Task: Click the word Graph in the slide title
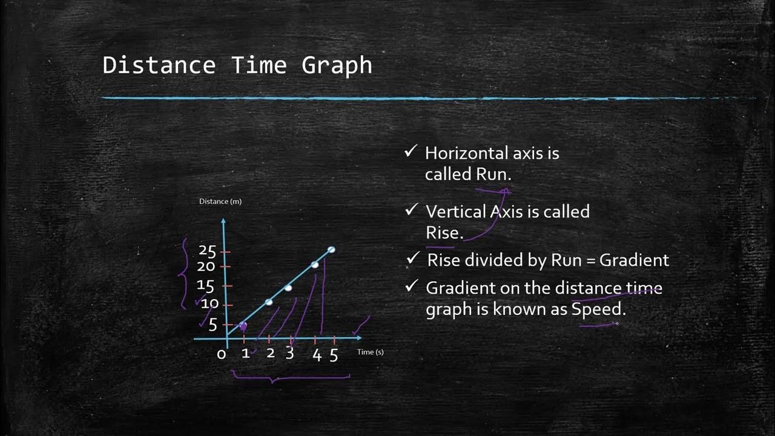(337, 65)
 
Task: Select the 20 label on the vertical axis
(206, 266)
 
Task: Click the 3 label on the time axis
(289, 353)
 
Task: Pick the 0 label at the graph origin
(222, 354)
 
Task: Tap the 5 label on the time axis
(334, 355)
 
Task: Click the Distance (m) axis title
(220, 201)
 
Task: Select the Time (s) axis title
(370, 352)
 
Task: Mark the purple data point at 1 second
(243, 326)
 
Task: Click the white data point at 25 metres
(331, 249)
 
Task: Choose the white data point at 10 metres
(269, 302)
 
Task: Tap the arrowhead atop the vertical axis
(224, 222)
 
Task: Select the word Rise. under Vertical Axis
(444, 233)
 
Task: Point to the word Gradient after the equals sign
(634, 260)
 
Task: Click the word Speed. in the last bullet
(598, 309)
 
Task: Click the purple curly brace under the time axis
(291, 378)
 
